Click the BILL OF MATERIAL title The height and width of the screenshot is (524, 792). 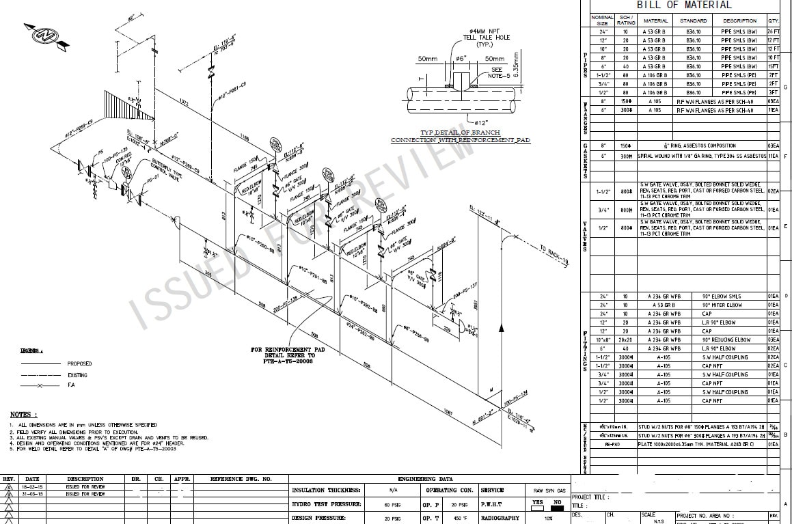(689, 5)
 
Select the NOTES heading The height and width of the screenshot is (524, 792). (24, 415)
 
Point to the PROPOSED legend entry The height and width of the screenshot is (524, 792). (79, 364)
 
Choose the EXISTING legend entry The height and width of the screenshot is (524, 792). (77, 375)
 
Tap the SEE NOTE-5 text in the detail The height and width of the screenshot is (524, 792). (497, 72)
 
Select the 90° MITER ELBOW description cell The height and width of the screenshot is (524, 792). (722, 305)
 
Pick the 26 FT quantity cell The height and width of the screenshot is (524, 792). (773, 31)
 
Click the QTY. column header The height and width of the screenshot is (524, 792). (773, 21)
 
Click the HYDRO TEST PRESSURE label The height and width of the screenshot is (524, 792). (327, 504)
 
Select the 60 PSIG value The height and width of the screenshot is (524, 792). (391, 504)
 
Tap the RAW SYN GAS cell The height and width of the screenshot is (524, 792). (549, 491)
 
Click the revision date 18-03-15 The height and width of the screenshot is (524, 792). (33, 486)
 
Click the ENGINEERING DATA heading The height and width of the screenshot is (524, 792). (425, 480)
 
